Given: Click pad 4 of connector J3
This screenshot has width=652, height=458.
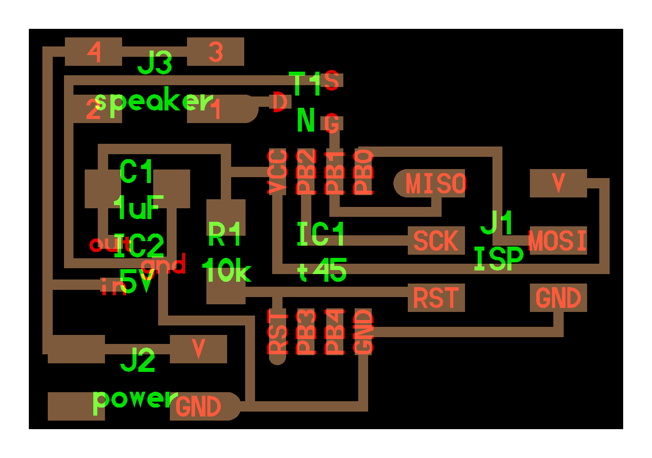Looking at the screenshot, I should [94, 52].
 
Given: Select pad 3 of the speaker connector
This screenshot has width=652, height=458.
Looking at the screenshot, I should [215, 52].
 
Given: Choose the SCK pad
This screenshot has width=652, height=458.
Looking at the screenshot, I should [436, 241].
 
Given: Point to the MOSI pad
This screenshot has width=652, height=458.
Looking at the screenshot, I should [558, 241].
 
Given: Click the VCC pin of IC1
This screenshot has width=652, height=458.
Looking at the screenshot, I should [278, 172].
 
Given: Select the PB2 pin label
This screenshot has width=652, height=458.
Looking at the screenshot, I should [306, 172].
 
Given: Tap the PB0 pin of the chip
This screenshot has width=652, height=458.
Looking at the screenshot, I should [364, 172].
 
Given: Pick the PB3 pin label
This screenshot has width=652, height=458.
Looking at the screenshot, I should [306, 332].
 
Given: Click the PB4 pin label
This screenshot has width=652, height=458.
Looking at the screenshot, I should [335, 332].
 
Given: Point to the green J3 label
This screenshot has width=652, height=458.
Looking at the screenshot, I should [155, 63].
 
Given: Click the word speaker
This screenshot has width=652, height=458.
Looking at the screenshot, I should [154, 102].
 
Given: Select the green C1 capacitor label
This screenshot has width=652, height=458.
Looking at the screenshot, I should [136, 172].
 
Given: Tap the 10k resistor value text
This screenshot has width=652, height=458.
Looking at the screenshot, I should [226, 271].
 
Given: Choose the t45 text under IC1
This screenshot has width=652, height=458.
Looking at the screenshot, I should [322, 270].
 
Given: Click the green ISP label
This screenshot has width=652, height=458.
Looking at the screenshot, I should [498, 259].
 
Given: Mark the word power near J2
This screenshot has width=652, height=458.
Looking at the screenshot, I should [135, 399].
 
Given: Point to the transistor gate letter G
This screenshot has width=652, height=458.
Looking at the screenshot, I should [332, 124].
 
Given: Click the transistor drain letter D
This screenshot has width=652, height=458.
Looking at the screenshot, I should [279, 102].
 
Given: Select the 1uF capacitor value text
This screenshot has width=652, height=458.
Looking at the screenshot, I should [138, 208].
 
